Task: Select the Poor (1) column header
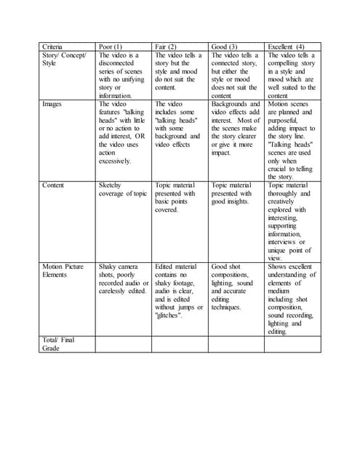click(x=111, y=46)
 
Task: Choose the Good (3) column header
click(x=224, y=46)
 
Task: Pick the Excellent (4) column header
click(x=286, y=46)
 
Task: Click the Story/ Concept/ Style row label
click(x=65, y=59)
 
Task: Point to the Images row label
click(x=52, y=104)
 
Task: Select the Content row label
click(x=53, y=185)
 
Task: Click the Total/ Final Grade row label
click(x=57, y=344)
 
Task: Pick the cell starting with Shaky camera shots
click(x=122, y=279)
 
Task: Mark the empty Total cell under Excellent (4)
click(x=292, y=344)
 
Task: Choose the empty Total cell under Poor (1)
click(x=123, y=344)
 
